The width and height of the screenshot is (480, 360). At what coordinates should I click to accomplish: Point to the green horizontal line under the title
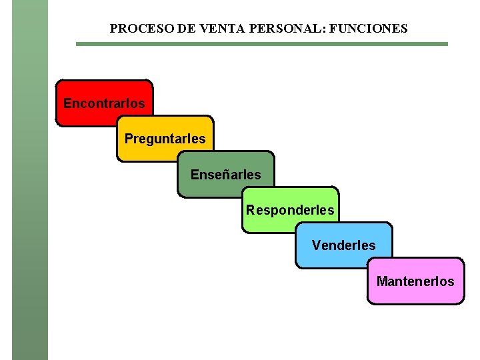(x=261, y=44)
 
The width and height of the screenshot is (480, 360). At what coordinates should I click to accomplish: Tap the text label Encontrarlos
(x=104, y=103)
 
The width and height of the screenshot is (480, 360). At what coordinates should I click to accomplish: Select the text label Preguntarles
(x=165, y=139)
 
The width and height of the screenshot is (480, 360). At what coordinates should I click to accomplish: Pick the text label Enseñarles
(x=226, y=175)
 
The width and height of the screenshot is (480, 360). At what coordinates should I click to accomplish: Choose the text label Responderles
(x=290, y=210)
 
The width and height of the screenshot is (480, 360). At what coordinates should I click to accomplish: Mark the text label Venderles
(x=344, y=245)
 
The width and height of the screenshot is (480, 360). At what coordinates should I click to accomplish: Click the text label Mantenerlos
(x=415, y=281)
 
